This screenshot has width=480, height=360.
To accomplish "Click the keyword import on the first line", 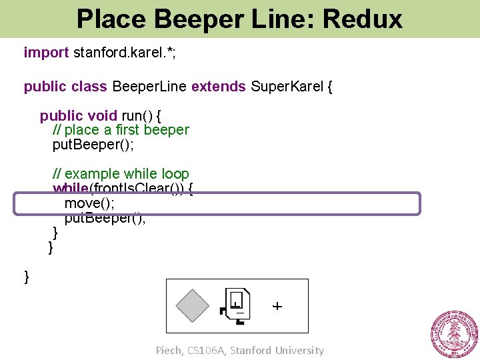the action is tap(46, 52).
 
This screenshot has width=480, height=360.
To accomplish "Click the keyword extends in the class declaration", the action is tap(219, 87).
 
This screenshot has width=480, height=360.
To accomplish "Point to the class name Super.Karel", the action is tap(287, 87).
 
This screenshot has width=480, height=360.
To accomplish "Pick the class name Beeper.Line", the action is tap(149, 87).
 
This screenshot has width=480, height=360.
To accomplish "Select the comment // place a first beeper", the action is tap(121, 130).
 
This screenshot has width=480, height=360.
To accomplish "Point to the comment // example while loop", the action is tap(121, 175).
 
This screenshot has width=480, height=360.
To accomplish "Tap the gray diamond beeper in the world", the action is tap(193, 306).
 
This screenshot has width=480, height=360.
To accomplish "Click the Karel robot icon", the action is tap(236, 307).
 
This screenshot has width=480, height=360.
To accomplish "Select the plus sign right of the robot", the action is tap(277, 306).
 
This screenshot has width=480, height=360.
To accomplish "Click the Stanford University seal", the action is tap(454, 333).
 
